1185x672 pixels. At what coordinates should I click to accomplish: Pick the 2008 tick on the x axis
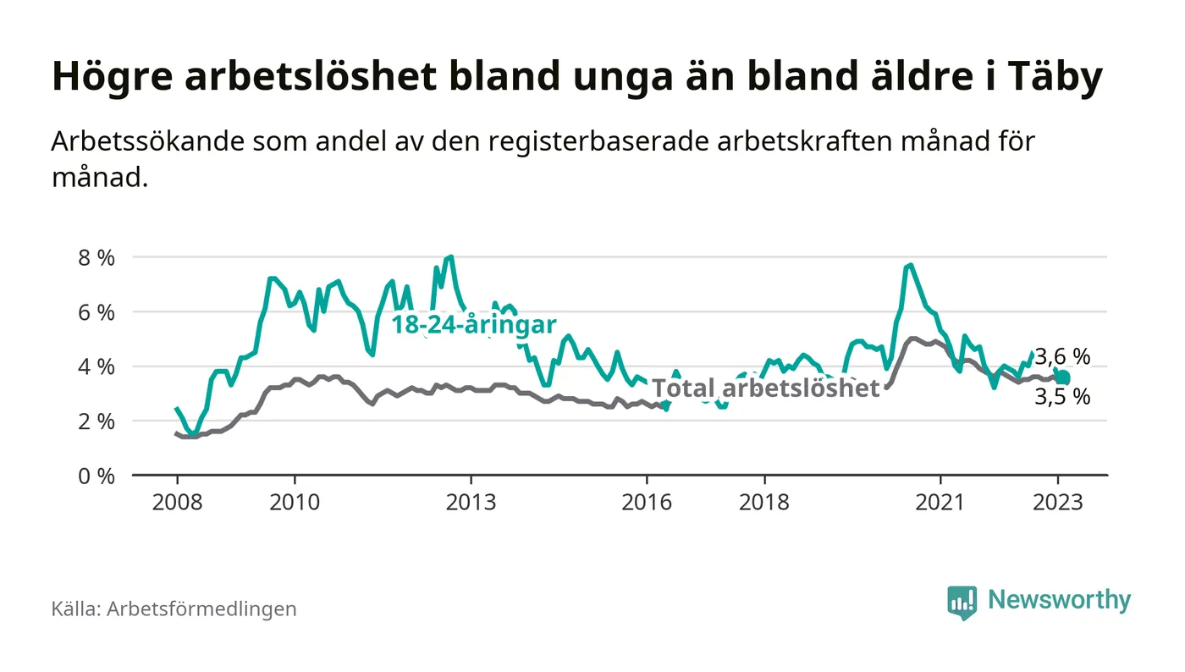[x=177, y=502]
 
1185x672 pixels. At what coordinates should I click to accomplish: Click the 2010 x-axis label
[x=295, y=502]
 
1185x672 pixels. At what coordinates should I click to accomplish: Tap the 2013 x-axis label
[x=471, y=502]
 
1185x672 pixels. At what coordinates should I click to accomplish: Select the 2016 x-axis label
[x=647, y=502]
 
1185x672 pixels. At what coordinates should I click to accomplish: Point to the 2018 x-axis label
[x=764, y=502]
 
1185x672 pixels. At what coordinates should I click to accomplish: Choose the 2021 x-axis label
[x=940, y=502]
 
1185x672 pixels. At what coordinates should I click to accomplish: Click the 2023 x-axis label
[x=1058, y=502]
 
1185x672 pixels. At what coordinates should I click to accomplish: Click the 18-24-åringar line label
[x=473, y=325]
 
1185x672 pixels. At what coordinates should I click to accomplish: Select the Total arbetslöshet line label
[x=767, y=388]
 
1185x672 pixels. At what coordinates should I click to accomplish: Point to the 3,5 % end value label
[x=1062, y=397]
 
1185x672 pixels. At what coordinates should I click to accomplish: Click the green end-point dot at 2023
[x=1063, y=377]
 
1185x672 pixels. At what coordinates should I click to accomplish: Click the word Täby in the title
[x=1056, y=78]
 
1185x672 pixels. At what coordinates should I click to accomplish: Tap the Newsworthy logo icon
[x=961, y=602]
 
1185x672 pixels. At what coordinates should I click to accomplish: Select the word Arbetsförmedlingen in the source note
[x=201, y=609]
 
